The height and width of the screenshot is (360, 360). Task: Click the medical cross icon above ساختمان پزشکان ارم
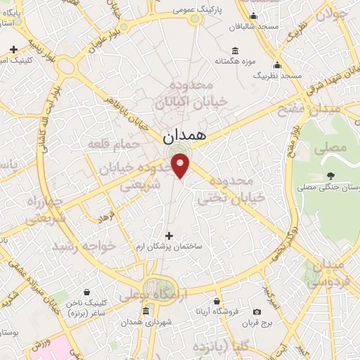click(x=169, y=236)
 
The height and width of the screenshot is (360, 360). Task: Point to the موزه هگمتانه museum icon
click(x=234, y=51)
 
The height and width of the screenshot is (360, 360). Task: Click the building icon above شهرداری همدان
click(x=146, y=311)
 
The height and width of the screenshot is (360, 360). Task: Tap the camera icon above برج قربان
click(x=256, y=311)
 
